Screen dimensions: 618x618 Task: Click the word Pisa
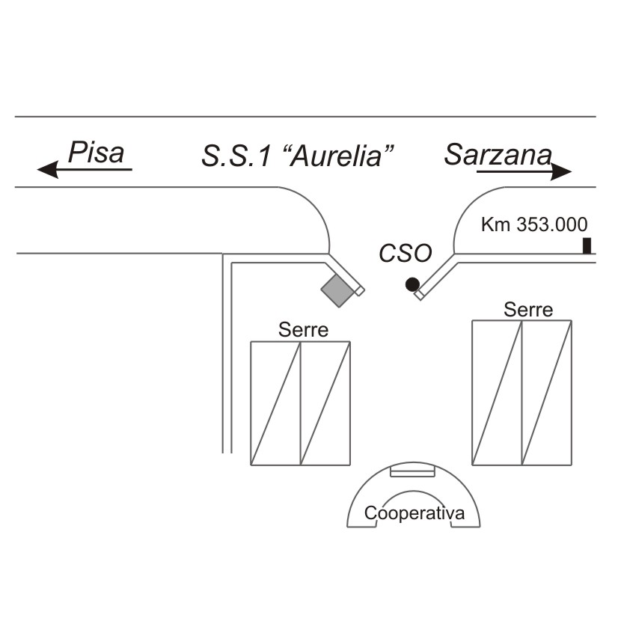point(97,152)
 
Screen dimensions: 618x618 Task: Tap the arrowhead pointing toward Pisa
point(47,170)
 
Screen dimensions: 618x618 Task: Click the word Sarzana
point(498,154)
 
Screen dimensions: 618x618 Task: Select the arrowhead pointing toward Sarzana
point(561,171)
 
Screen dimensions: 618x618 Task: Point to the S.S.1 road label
point(236,156)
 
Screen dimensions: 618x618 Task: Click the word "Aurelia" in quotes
point(338,155)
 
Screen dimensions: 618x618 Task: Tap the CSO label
point(406,253)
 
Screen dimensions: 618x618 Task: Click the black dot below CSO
point(412,284)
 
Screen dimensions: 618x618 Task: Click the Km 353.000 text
point(534,224)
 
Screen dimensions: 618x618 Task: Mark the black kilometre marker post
point(587,245)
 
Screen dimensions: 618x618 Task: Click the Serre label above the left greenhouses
point(303,329)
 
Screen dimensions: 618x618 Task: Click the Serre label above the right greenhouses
point(528,310)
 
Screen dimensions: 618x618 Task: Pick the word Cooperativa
point(414,513)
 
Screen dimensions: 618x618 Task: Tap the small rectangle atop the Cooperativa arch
point(412,471)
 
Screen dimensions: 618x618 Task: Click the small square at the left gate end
point(359,291)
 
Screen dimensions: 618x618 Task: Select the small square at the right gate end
point(420,295)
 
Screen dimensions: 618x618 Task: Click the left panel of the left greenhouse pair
point(275,403)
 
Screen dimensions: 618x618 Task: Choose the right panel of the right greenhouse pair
point(547,393)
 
